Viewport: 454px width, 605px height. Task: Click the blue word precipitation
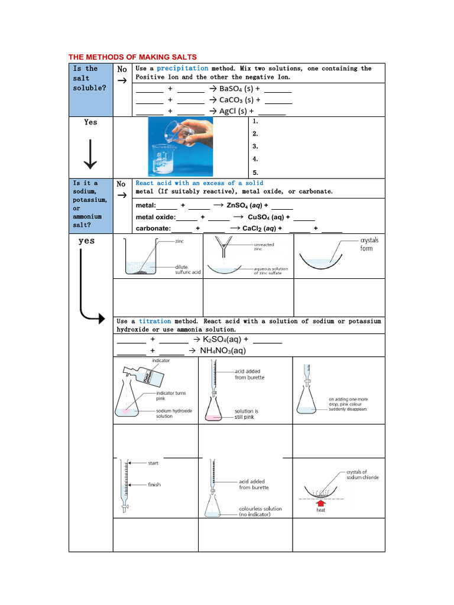point(182,69)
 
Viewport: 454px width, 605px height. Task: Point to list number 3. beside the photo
point(255,146)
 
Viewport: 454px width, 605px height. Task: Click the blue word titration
point(155,321)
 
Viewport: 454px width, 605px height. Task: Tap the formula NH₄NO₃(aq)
point(219,350)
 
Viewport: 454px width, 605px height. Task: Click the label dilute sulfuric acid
point(188,269)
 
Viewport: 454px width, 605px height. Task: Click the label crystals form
point(369,245)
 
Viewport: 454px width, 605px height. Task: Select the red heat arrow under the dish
point(321,504)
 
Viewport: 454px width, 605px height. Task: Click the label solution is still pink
point(247,414)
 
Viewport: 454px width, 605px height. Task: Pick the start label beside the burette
point(153,463)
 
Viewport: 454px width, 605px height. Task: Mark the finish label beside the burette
point(154,484)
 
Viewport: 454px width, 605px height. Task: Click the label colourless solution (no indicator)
point(260,512)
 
